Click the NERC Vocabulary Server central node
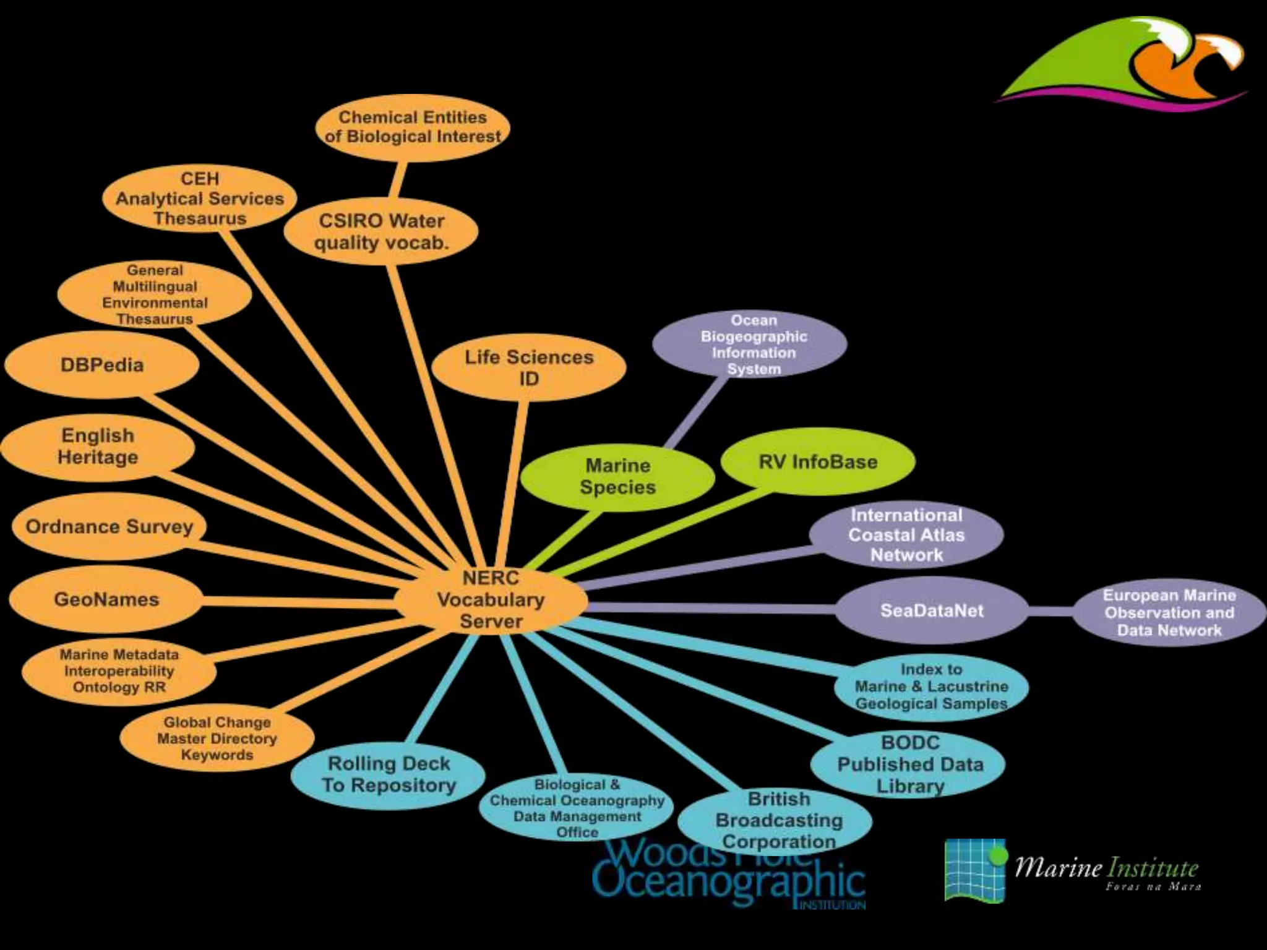click(x=491, y=600)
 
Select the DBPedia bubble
click(x=102, y=365)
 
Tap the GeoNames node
click(x=106, y=599)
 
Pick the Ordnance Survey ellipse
click(x=109, y=527)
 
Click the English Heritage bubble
click(x=98, y=447)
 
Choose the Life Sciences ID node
click(x=529, y=368)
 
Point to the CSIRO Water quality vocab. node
click(x=381, y=231)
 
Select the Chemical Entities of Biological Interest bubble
click(x=413, y=127)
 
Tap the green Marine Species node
click(x=617, y=476)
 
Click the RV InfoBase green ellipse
click(x=818, y=462)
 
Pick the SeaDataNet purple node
click(x=932, y=611)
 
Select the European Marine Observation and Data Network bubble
click(x=1169, y=613)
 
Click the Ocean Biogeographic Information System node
click(x=753, y=344)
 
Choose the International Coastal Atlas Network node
click(x=906, y=535)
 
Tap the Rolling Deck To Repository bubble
click(x=389, y=774)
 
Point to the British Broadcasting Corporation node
click(x=778, y=821)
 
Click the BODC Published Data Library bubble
click(x=909, y=764)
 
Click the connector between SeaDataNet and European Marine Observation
click(x=1050, y=611)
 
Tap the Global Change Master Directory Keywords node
click(x=217, y=738)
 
